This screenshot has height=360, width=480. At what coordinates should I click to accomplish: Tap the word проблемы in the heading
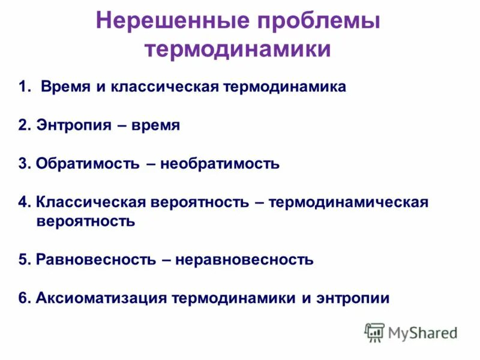pyautogui.click(x=317, y=22)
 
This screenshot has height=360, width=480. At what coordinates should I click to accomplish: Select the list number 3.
pyautogui.click(x=22, y=163)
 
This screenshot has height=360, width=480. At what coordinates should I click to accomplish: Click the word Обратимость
pyautogui.click(x=87, y=163)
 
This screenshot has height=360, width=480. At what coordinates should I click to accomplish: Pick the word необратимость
pyautogui.click(x=220, y=163)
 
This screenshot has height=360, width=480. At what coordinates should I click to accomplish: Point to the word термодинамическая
pyautogui.click(x=349, y=202)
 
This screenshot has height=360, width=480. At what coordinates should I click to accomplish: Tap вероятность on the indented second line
pyautogui.click(x=85, y=221)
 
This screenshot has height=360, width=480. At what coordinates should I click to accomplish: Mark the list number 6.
pyautogui.click(x=22, y=298)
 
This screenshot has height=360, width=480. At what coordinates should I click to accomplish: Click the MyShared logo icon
pyautogui.click(x=374, y=332)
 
